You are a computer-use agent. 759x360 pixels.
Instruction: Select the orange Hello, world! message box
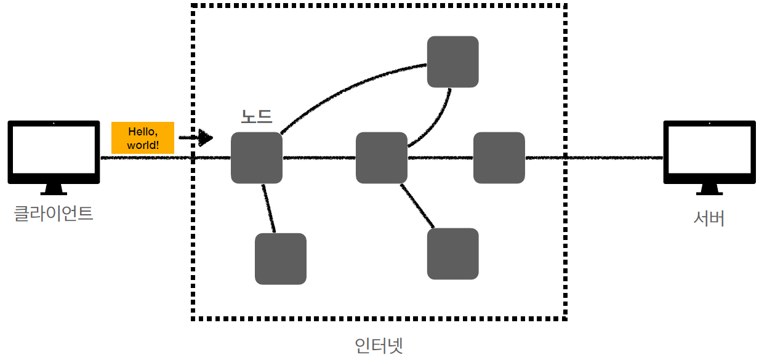click(143, 138)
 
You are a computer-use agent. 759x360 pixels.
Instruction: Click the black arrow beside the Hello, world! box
click(197, 138)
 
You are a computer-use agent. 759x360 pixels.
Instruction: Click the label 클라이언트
click(54, 214)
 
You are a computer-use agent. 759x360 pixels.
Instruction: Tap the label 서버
click(709, 218)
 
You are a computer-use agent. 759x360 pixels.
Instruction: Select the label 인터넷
click(379, 345)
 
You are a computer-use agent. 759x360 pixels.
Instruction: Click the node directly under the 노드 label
click(257, 158)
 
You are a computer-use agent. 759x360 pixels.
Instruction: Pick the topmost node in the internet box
click(453, 62)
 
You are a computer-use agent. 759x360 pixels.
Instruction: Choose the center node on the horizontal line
click(382, 158)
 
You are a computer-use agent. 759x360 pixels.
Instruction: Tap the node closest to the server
click(499, 158)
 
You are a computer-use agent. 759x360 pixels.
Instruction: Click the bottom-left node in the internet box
click(281, 258)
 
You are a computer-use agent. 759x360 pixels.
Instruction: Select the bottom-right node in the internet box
click(453, 254)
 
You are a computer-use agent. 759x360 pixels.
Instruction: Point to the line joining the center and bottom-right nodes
click(418, 207)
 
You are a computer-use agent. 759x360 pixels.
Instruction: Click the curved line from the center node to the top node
click(438, 123)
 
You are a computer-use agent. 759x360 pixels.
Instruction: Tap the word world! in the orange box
click(143, 146)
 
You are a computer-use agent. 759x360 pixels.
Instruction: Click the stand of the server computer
click(709, 189)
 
